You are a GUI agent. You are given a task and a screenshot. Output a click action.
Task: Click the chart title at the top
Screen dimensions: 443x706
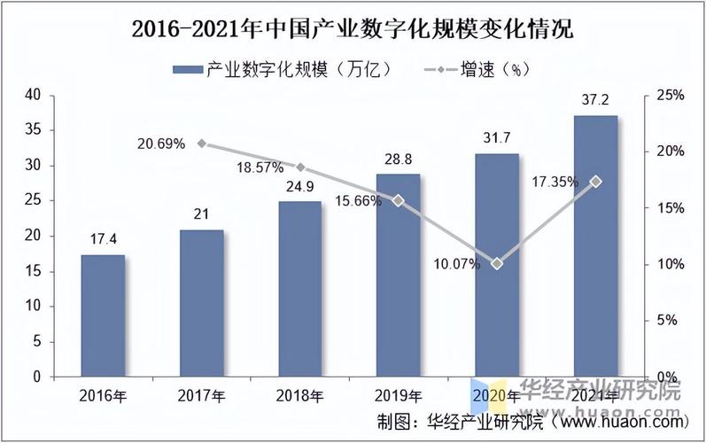[353, 29]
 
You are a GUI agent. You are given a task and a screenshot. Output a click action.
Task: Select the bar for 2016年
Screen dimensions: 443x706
[103, 315]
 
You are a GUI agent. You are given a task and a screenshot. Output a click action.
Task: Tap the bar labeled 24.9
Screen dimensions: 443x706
[300, 289]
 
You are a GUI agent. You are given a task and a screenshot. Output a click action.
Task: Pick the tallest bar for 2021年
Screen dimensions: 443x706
[595, 245]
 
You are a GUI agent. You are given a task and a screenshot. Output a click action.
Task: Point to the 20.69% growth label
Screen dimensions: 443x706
[161, 144]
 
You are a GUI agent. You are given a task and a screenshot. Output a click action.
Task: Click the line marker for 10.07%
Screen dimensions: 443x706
[497, 263]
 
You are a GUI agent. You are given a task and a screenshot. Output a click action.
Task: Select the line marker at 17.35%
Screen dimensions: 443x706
[595, 182]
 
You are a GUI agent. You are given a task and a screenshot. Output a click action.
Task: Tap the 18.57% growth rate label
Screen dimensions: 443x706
[260, 167]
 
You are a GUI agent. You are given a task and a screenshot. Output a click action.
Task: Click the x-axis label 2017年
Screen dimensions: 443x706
[201, 395]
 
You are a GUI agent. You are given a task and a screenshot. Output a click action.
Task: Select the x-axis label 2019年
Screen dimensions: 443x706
[399, 395]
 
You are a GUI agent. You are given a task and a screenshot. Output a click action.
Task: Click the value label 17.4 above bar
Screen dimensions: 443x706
[103, 240]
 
